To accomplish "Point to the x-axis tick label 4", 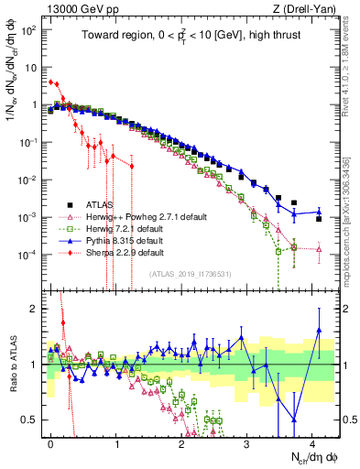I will click(312, 441).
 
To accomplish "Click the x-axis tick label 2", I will click(181, 441).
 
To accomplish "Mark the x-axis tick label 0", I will click(50, 441).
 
